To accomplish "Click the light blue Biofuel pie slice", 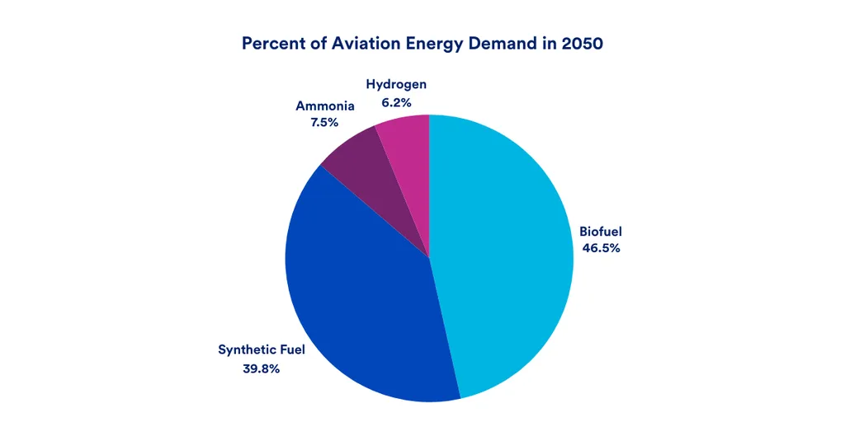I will point(503,256).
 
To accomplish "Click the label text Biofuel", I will point(600,231).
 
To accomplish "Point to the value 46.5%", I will point(600,248).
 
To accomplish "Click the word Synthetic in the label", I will point(245,350).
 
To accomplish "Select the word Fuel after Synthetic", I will point(290,350).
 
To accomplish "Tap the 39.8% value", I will point(261,368).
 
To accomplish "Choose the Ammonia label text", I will point(325,106).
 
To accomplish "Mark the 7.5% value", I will point(325,124).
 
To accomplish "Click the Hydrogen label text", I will point(396,85).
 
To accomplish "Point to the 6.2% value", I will point(396,103).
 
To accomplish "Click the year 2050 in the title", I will point(582,44).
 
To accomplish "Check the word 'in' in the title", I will point(552,44).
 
